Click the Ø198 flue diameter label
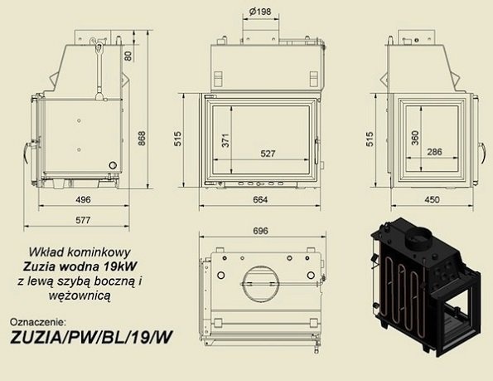tap(259, 12)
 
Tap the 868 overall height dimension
tap(143, 139)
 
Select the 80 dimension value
tap(128, 56)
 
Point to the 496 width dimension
tap(83, 200)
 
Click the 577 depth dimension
tap(83, 220)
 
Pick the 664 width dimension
tap(260, 200)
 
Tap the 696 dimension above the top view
tap(261, 231)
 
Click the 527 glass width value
tap(268, 154)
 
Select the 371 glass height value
tap(225, 140)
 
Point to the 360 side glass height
tap(415, 138)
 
